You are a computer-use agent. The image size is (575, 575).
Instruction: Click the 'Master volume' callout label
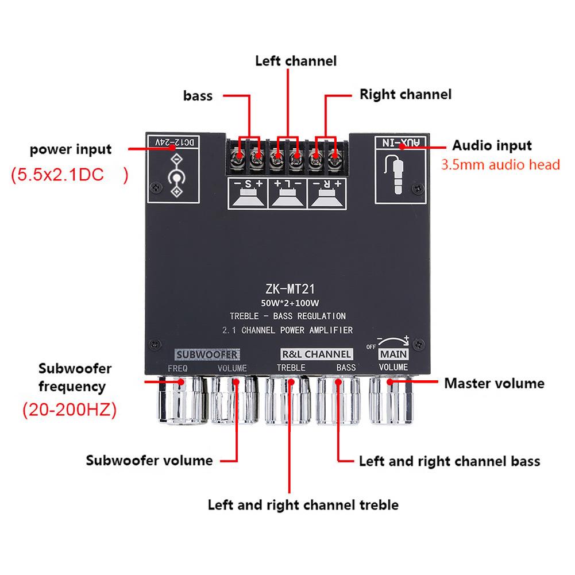pos(494,383)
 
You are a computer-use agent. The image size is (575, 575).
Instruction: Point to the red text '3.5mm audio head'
pos(500,165)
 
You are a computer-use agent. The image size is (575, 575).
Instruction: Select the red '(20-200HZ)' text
pos(69,410)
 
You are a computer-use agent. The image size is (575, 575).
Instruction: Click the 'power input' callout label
pos(71,150)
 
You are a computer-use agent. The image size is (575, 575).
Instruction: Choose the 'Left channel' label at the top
pos(295,60)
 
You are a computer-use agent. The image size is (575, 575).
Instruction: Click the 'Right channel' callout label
pos(405,94)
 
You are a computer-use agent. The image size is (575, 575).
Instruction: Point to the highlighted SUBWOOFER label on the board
pos(207,354)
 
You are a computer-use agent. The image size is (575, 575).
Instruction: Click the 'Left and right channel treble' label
pos(303,505)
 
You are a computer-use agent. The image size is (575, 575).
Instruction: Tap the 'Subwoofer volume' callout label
pos(149,460)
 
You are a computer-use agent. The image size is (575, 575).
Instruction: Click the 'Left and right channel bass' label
pos(449,461)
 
